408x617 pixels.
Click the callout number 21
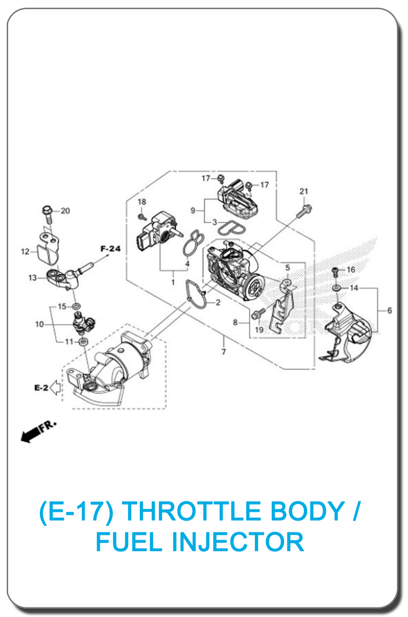304,191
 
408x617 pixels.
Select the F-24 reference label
111,249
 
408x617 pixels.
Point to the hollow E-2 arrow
56,387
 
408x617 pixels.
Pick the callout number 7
224,352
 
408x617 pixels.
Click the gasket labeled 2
196,294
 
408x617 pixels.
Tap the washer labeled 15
76,306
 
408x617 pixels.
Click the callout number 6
390,311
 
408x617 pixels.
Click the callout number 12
25,252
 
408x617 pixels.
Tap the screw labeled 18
142,217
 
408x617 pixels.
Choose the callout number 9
193,210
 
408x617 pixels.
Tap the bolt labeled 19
258,314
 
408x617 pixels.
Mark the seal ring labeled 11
83,342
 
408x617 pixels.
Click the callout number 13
33,278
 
